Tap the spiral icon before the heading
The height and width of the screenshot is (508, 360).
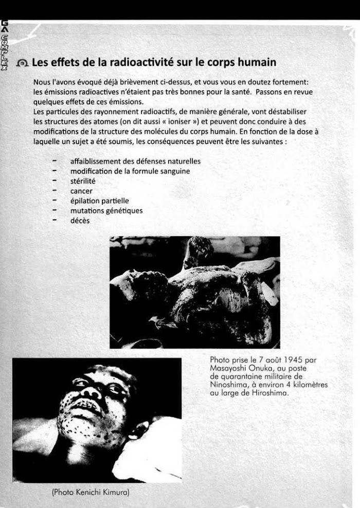[22, 63]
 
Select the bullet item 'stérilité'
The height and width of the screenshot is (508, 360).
[83, 181]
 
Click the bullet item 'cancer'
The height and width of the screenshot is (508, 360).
[81, 191]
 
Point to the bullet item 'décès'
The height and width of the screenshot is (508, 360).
[80, 221]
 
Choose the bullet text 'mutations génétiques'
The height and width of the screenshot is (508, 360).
[106, 211]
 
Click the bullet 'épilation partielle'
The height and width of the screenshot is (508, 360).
[99, 201]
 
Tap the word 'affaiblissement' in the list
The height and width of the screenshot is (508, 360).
[95, 161]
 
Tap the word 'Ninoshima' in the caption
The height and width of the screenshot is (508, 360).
[229, 385]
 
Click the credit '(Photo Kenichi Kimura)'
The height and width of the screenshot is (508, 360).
[91, 492]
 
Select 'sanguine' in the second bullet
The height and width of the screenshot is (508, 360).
[173, 171]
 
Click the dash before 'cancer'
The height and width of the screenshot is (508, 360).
[54, 191]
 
